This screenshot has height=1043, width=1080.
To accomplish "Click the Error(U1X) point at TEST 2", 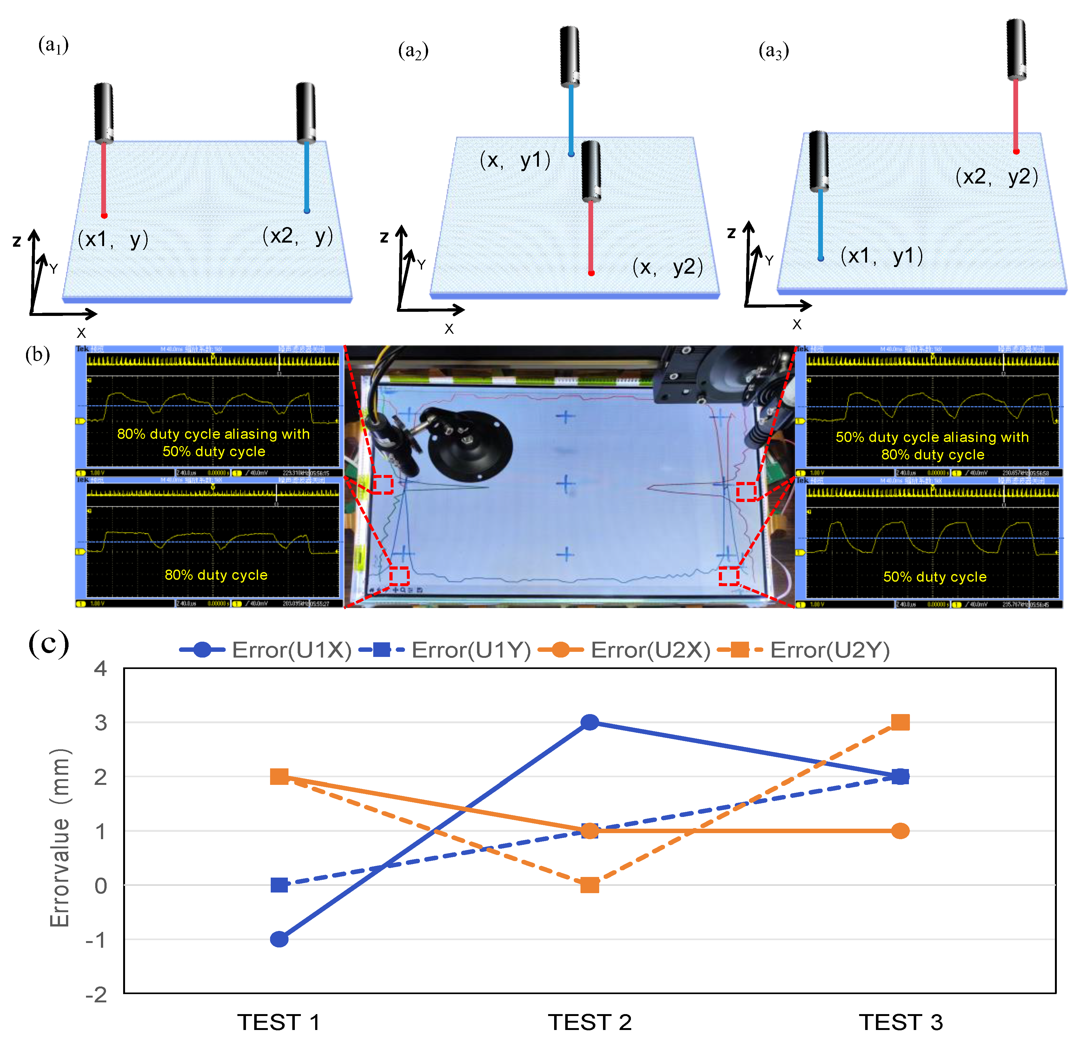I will [590, 722].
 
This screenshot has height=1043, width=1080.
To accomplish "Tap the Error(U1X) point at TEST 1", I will [279, 939].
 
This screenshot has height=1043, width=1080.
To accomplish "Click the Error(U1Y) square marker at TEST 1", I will [279, 885].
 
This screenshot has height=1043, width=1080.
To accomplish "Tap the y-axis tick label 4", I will [101, 669].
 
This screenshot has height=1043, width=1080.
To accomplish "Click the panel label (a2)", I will [413, 51].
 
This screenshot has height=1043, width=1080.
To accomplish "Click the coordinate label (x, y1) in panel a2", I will [515, 160].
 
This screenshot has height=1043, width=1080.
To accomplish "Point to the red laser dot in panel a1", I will [104, 216].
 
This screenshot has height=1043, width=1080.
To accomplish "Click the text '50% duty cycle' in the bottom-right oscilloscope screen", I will [935, 577].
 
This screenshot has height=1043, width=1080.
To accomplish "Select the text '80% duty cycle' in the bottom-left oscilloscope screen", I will [216, 574].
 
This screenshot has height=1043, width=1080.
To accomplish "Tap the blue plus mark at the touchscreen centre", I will [566, 484].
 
